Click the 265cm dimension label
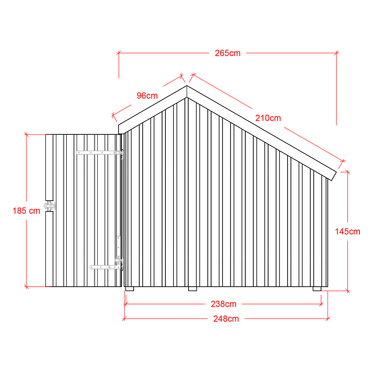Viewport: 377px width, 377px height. point(227,53)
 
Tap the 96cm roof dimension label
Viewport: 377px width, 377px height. point(147,96)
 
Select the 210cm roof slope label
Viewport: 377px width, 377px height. point(268,118)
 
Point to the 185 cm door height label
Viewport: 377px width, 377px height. point(26,211)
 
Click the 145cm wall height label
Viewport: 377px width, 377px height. point(348,231)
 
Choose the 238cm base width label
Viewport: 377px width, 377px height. point(223,304)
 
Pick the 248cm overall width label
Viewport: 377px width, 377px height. point(226,319)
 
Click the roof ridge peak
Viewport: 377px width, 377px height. point(187,86)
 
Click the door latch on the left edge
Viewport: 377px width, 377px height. point(50,206)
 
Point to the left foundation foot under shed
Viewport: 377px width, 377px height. point(129,289)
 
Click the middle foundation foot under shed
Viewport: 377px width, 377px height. point(193,289)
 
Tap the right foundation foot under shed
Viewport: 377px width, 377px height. point(317,289)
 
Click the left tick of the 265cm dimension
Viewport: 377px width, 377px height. point(119,53)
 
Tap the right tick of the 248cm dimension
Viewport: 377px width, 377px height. point(328,319)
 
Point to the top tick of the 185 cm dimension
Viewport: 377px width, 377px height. point(26,134)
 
